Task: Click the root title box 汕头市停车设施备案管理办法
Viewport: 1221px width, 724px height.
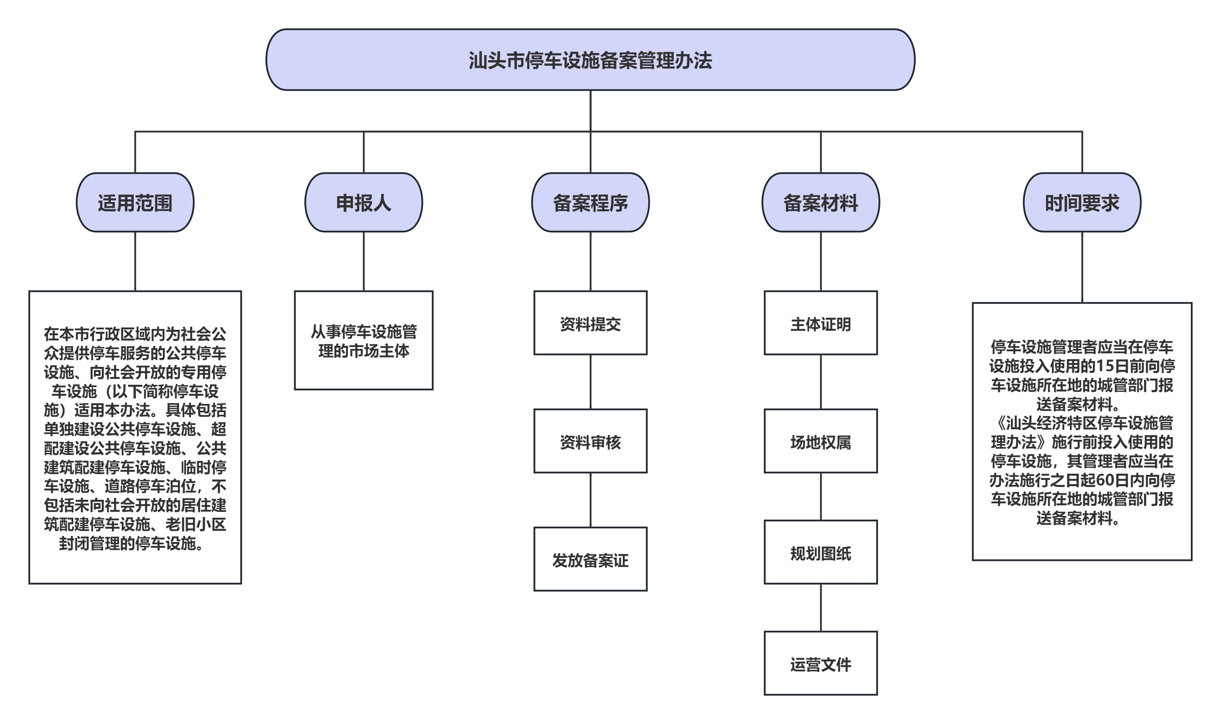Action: (x=590, y=60)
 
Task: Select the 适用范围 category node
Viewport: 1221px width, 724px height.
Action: (x=135, y=202)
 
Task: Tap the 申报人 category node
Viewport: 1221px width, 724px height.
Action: (x=364, y=202)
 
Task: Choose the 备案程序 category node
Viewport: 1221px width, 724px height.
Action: (x=590, y=202)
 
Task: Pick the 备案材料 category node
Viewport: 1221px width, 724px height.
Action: (x=821, y=202)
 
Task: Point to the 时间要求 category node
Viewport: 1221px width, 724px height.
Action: (x=1082, y=202)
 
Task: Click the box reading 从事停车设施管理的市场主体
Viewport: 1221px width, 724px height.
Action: (x=364, y=340)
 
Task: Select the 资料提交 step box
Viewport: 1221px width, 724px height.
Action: (x=590, y=323)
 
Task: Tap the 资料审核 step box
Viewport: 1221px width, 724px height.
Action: (x=590, y=441)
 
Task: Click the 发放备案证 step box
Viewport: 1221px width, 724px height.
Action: (x=590, y=559)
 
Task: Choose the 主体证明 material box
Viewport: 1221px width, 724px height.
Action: (x=821, y=323)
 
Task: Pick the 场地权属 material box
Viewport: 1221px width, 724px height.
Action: (x=821, y=441)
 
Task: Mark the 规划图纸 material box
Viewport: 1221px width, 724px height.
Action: (x=821, y=552)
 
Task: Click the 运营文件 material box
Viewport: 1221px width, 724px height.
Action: (x=821, y=664)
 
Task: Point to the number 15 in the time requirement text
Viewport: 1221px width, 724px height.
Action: (x=1105, y=366)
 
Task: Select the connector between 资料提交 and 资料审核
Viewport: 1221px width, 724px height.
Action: (x=590, y=382)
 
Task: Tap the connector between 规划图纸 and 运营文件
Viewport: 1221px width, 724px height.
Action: (x=821, y=607)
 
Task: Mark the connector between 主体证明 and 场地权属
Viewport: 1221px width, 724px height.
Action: (x=821, y=382)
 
